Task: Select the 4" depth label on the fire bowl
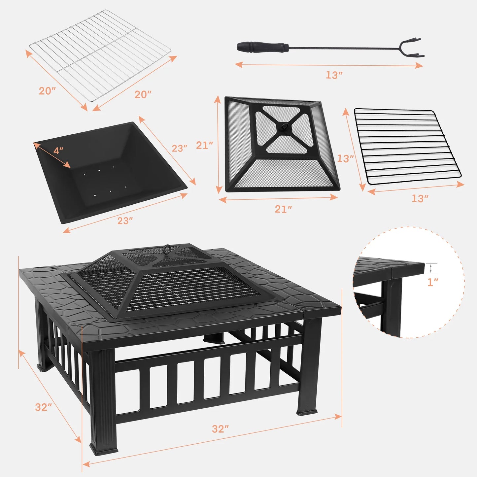58,151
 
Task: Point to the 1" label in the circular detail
433,282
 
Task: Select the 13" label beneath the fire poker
334,75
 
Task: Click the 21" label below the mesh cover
283,209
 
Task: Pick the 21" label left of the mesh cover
204,145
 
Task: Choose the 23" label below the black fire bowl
125,221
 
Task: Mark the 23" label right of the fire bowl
180,149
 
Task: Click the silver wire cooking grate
100,54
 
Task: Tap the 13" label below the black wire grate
420,198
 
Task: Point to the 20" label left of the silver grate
47,91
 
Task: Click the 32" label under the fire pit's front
220,429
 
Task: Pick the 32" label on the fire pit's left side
44,407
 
